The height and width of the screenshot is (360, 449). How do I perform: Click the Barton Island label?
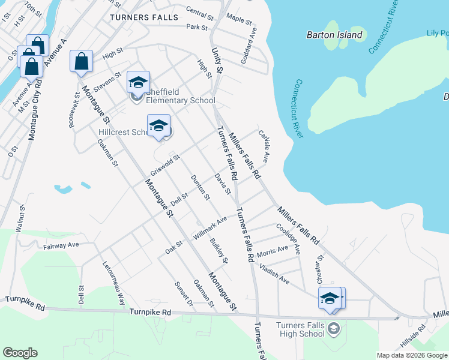tap(334, 35)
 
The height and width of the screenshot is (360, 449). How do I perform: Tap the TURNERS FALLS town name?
tap(145, 17)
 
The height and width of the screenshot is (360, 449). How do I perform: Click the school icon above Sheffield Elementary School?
tap(138, 83)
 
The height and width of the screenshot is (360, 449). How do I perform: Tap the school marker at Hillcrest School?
tap(158, 126)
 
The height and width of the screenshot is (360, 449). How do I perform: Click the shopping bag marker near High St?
tap(82, 62)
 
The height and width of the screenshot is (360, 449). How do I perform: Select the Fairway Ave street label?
tap(61, 245)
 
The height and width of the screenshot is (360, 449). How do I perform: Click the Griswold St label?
tap(165, 166)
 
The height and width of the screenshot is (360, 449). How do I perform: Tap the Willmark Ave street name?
tap(210, 228)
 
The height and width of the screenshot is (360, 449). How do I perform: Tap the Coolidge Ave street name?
tap(288, 239)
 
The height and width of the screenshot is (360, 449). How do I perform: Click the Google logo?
tap(20, 353)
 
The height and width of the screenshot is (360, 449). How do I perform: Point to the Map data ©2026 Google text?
tap(411, 355)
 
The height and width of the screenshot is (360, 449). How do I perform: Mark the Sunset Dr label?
tap(184, 295)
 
